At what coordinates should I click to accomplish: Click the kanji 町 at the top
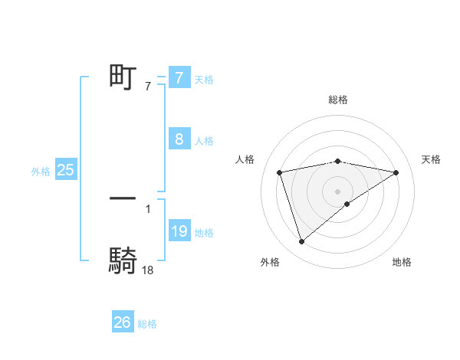click(123, 77)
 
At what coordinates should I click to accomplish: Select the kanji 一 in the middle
click(123, 198)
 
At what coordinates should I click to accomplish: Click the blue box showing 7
click(179, 77)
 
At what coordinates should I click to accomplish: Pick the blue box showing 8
click(179, 139)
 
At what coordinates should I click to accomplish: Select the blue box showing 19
click(179, 231)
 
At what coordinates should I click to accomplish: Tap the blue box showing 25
click(65, 170)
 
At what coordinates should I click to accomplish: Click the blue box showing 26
click(123, 322)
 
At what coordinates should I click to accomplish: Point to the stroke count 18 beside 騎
click(148, 270)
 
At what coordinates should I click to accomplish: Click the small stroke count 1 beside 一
click(148, 208)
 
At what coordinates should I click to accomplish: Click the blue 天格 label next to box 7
click(204, 79)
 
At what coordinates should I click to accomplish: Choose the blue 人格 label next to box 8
click(204, 141)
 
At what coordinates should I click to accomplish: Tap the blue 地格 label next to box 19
click(204, 233)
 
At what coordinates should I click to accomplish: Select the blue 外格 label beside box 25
click(41, 172)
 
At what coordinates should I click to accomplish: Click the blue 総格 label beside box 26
click(147, 324)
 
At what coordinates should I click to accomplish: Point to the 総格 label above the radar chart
click(338, 100)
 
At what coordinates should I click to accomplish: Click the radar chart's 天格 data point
click(396, 172)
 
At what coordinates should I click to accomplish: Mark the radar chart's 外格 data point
click(301, 241)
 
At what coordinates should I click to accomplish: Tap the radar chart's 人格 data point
click(280, 172)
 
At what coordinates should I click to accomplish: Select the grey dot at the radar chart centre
click(338, 191)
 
